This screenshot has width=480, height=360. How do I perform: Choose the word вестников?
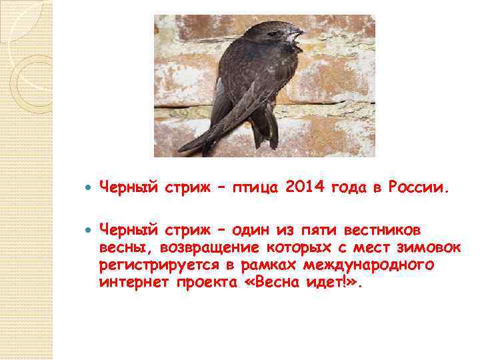tap(382, 230)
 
